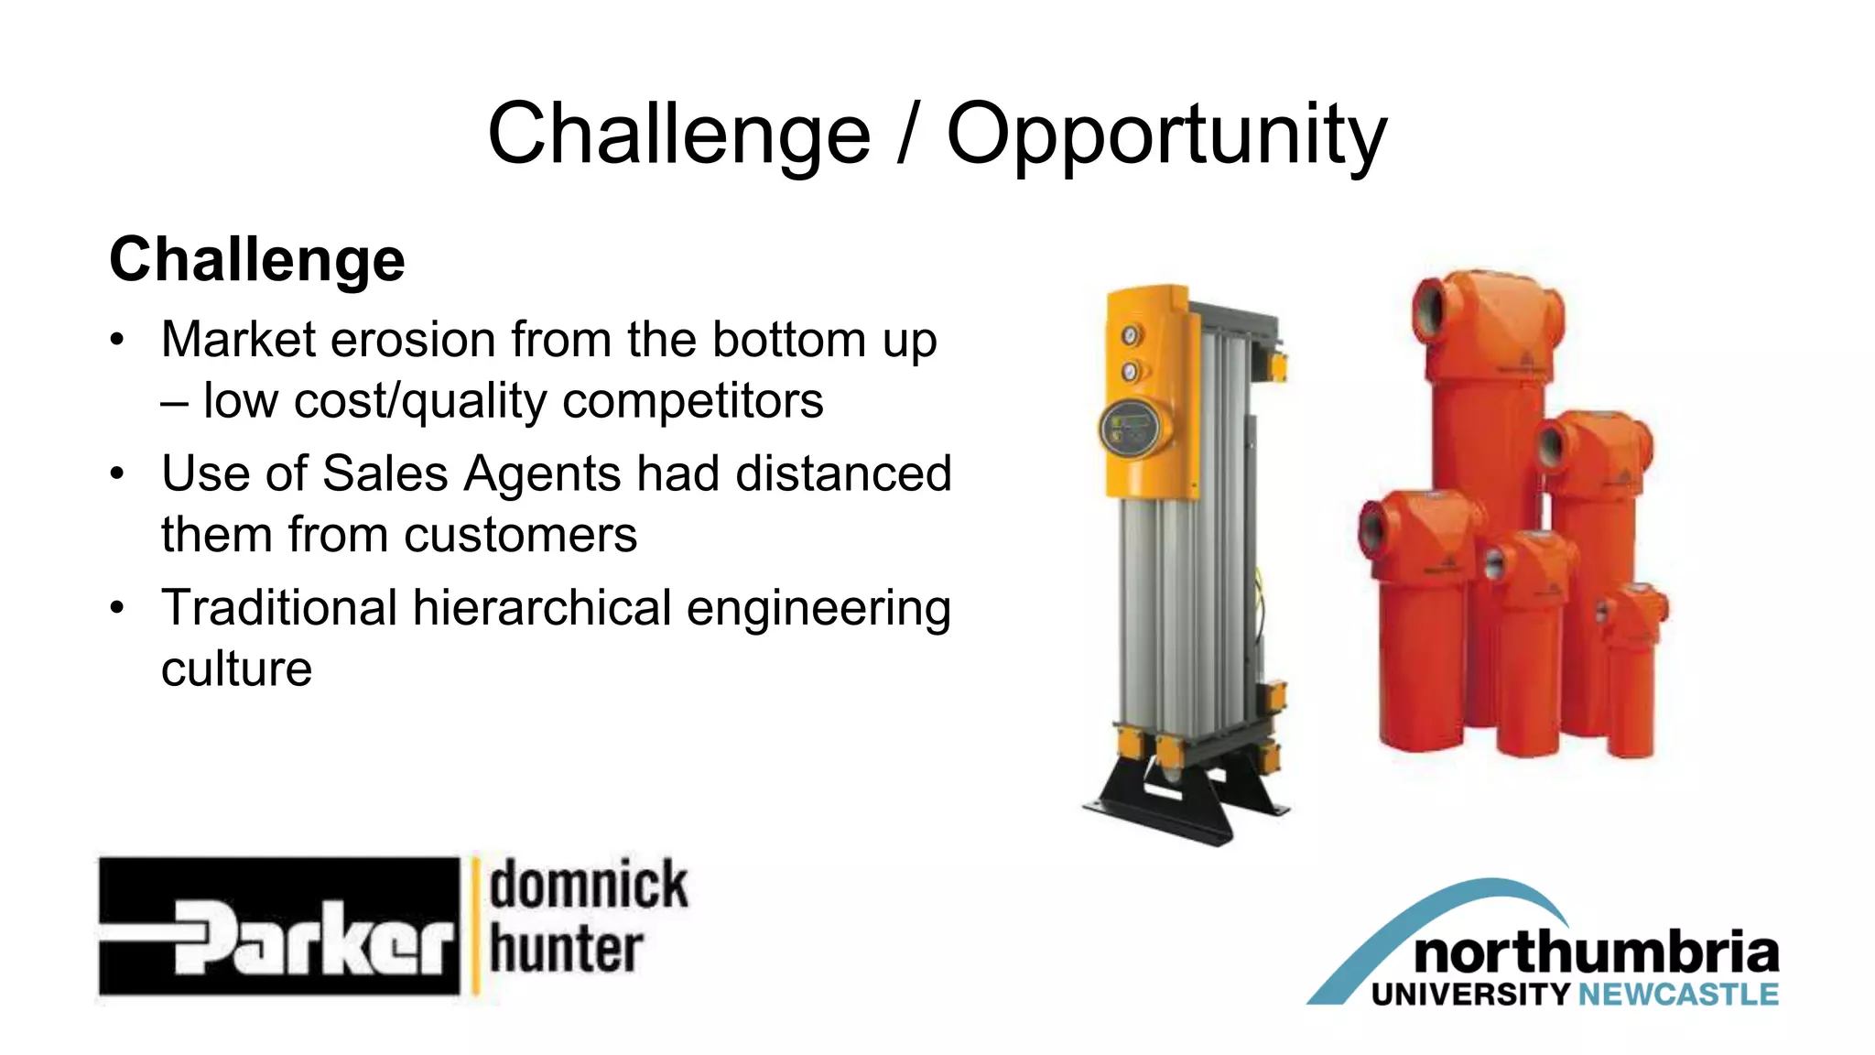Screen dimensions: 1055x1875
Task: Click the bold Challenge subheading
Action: point(257,259)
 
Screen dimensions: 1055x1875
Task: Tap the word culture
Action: point(236,669)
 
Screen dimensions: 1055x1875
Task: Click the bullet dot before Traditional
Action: point(116,608)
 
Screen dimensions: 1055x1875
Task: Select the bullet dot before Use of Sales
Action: point(116,474)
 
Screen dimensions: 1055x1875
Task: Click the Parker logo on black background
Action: point(279,927)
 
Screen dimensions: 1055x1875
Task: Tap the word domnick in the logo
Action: point(588,885)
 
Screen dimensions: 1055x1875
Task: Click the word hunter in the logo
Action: point(566,950)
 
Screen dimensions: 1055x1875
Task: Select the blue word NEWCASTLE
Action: point(1678,995)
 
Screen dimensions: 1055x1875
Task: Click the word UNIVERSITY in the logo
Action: point(1470,995)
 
